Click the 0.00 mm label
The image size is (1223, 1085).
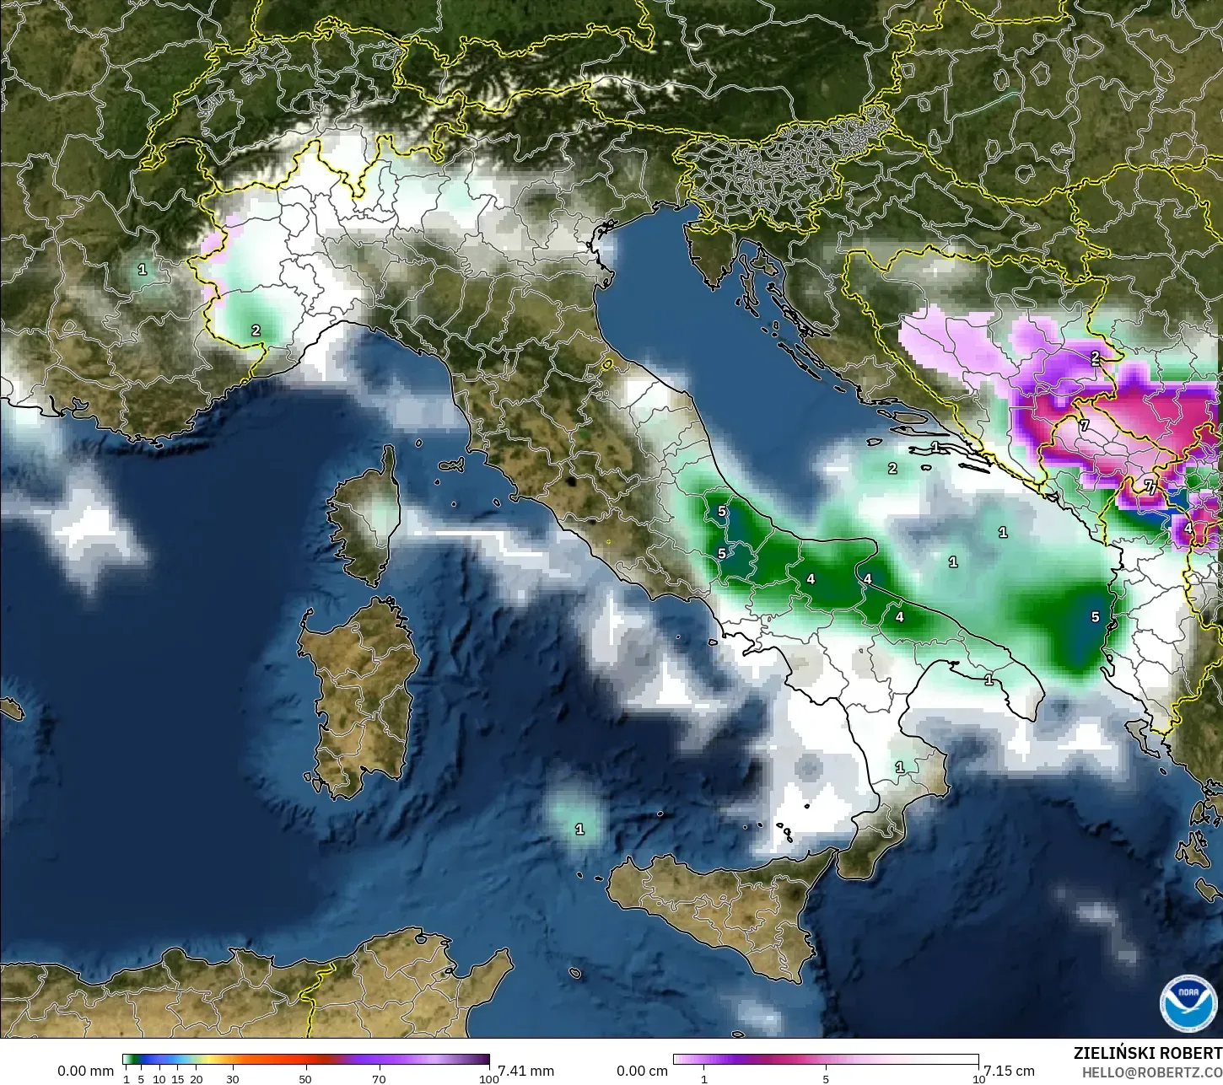[85, 1071]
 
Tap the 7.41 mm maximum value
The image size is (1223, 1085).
[526, 1071]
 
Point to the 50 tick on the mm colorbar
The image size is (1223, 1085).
[305, 1078]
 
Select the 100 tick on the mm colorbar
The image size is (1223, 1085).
[489, 1078]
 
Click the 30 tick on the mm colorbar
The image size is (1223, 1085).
[233, 1078]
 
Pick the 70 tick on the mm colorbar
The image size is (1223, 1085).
[379, 1078]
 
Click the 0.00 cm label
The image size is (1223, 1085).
[642, 1071]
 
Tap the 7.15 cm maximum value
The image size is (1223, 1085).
[1010, 1071]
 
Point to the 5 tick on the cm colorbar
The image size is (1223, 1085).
[826, 1078]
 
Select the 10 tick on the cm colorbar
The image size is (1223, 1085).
[978, 1078]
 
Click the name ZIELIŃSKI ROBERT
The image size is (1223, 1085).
[1147, 1053]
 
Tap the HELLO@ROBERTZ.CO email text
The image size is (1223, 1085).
[1152, 1072]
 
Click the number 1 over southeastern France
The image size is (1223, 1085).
[143, 270]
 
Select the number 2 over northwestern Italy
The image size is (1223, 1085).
[256, 330]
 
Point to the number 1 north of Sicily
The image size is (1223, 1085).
[579, 830]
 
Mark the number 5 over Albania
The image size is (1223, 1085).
[1095, 617]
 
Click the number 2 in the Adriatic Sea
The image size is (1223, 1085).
[892, 469]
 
